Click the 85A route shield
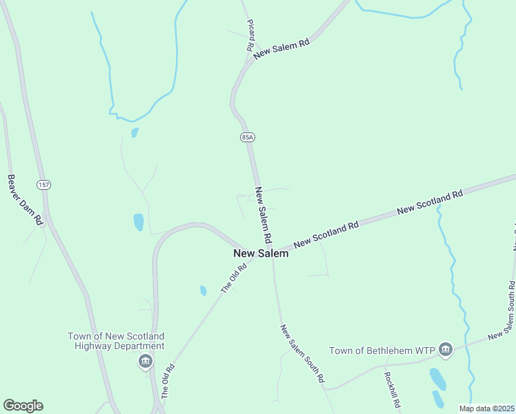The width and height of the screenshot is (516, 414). pos(248,137)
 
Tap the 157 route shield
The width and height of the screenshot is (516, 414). pos(44,185)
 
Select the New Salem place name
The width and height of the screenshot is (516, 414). pos(260,254)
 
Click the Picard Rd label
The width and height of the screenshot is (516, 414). pos(250,35)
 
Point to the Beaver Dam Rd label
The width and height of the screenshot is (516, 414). pos(26,200)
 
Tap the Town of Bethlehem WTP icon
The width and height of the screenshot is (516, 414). pos(445,351)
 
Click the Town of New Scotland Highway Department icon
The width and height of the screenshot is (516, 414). pos(145,360)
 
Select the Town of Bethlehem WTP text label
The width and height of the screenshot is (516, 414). pos(381,351)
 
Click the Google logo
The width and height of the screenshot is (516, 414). pos(23,406)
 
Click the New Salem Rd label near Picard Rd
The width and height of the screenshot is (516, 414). pos(281,50)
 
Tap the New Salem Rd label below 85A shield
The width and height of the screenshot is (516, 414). pos(261,214)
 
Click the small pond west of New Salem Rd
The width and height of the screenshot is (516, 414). pos(139,221)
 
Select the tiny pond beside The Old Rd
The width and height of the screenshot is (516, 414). pos(203,290)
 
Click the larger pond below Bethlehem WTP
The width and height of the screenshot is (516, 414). pos(437,378)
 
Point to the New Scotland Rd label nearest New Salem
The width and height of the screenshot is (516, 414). pos(326,235)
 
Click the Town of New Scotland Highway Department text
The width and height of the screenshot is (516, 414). pos(116,341)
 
